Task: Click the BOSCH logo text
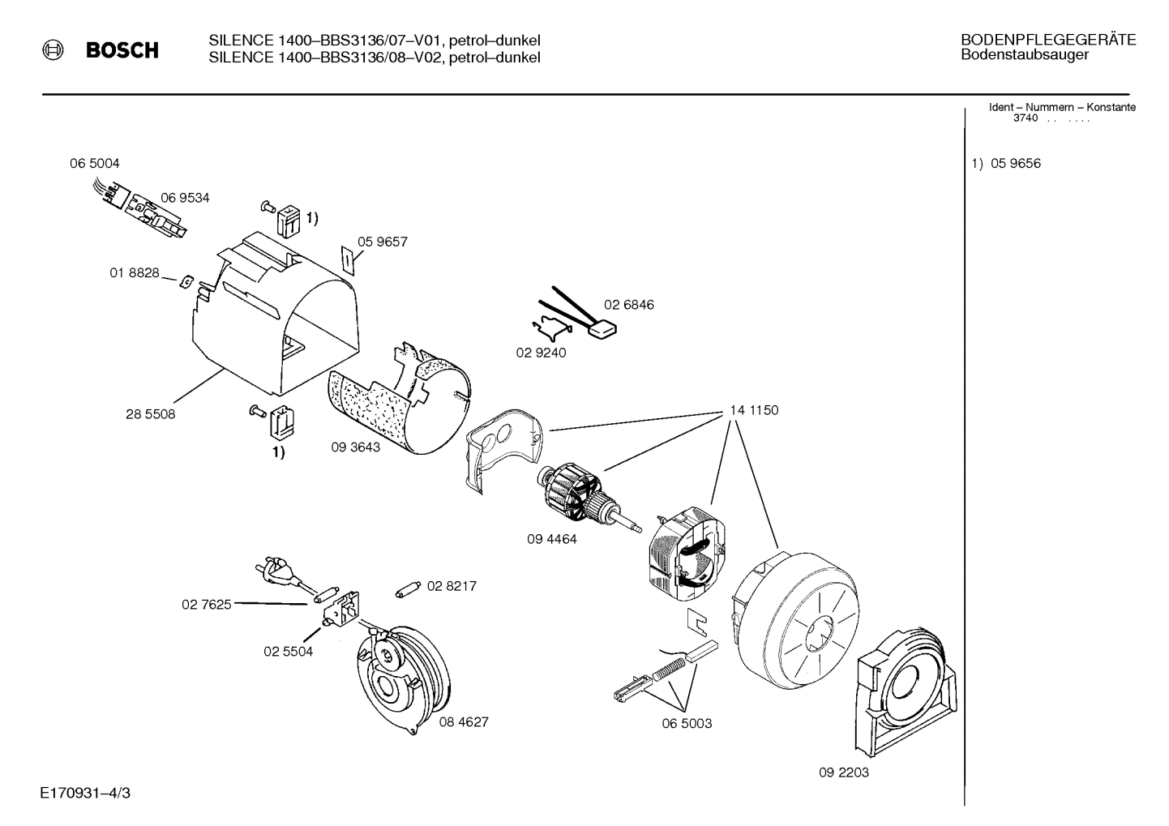pos(122,50)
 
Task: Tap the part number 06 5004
pos(94,164)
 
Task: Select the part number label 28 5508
pos(150,414)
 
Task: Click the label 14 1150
pos(753,410)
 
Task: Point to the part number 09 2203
pos(843,773)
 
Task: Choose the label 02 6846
pos(628,305)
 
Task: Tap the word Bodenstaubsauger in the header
pos(1024,55)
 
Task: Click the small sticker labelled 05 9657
pos(346,259)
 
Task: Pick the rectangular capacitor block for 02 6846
pos(602,330)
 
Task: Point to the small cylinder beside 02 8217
pos(408,589)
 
